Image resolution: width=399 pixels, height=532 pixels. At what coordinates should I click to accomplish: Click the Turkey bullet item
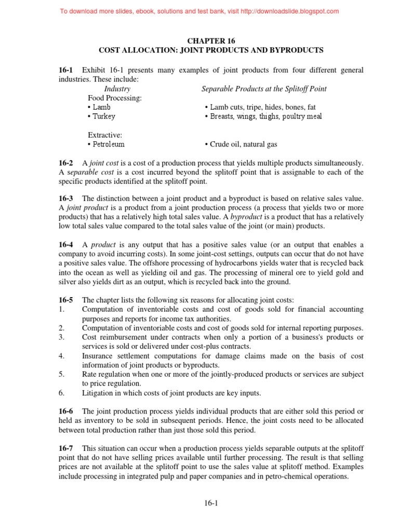point(102,116)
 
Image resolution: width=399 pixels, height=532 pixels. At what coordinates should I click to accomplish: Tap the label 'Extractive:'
point(105,135)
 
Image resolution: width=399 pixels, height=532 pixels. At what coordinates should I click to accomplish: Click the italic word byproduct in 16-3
point(246,218)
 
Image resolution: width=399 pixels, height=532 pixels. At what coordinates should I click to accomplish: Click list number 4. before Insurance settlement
point(61,356)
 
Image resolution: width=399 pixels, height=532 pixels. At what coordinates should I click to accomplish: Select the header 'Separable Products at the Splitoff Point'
point(264,89)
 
